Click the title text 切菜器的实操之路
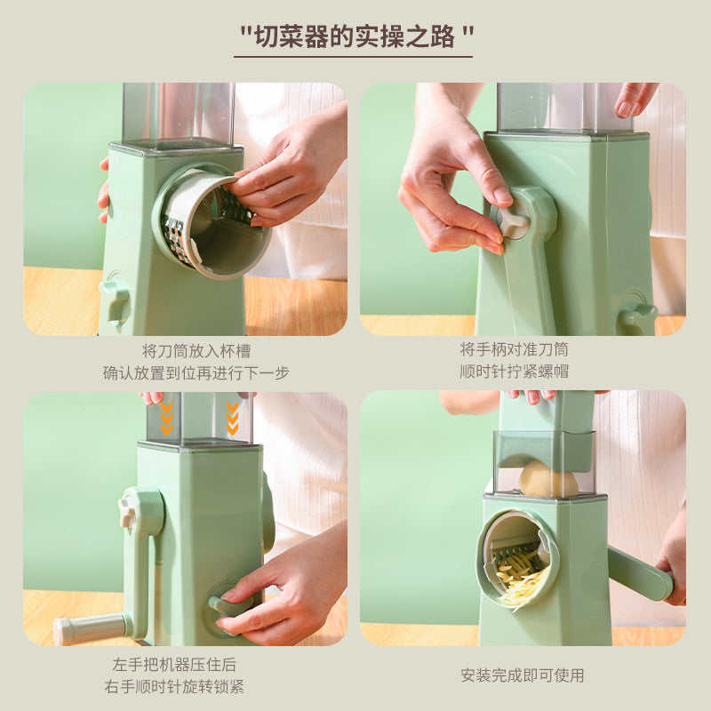[x=355, y=36]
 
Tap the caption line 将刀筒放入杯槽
[x=196, y=350]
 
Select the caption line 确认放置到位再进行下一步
[x=196, y=372]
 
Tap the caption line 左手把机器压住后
[x=188, y=664]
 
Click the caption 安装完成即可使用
[x=523, y=675]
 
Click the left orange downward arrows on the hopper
[x=166, y=417]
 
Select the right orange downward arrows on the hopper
[x=233, y=417]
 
